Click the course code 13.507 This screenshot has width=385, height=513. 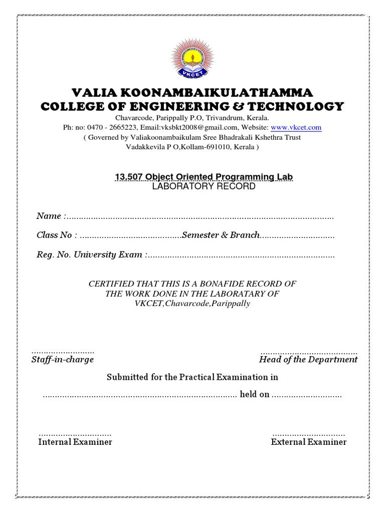129,177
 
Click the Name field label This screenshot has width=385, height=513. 49,216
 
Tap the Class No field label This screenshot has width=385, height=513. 55,235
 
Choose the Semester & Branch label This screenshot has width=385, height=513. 221,235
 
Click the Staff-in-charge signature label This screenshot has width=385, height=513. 63,360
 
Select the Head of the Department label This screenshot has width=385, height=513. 308,360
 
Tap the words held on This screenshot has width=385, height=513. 255,394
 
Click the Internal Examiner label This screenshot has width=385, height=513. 75,442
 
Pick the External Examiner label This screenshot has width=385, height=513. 308,442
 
